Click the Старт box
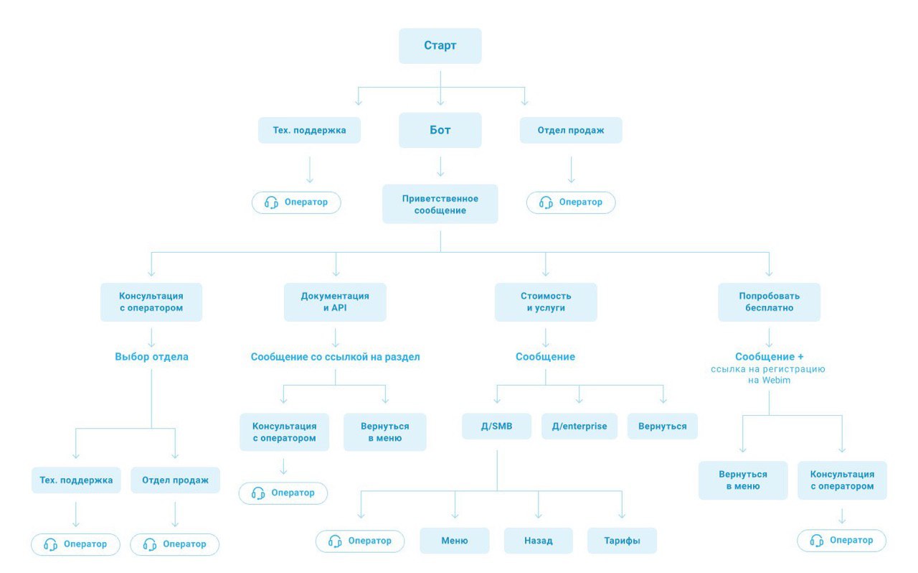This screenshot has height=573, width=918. click(440, 45)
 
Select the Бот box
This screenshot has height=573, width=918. click(440, 130)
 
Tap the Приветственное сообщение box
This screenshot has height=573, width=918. click(440, 204)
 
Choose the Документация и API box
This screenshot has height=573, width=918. click(335, 302)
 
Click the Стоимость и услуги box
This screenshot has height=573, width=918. click(546, 302)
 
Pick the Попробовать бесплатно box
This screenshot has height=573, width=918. click(769, 302)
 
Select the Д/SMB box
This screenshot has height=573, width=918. click(496, 426)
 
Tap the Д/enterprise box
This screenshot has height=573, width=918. click(579, 426)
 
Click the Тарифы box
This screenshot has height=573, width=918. click(622, 541)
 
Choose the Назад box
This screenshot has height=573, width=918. click(538, 541)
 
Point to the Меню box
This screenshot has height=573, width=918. click(455, 541)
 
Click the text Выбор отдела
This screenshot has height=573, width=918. click(151, 357)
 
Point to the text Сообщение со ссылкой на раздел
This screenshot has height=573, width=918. click(335, 357)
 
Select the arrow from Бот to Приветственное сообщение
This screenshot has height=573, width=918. click(440, 167)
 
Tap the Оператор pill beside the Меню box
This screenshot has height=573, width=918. click(360, 541)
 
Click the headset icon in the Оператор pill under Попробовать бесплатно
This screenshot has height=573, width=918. click(816, 541)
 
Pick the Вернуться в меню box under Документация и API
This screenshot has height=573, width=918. click(385, 432)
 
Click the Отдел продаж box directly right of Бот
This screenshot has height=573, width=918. click(570, 130)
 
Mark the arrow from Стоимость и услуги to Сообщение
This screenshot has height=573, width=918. click(546, 337)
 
